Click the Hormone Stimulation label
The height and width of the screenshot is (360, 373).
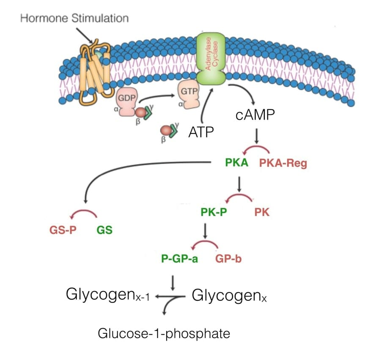74,18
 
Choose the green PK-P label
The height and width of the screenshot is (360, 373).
214,213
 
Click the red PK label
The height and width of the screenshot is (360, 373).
262,213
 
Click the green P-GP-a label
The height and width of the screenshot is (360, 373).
179,259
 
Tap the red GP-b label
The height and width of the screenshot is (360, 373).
229,259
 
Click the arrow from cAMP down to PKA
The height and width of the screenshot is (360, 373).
256,136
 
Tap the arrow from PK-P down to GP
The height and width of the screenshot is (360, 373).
205,231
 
